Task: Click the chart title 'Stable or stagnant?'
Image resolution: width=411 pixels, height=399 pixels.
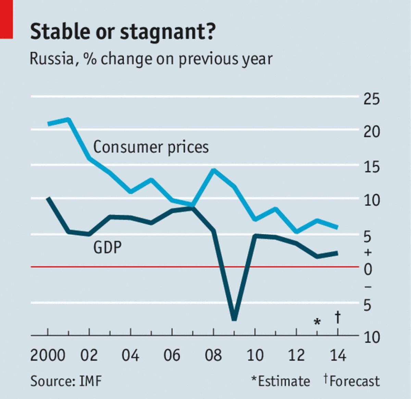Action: click(123, 32)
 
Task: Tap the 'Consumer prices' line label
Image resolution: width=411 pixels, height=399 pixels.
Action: click(151, 147)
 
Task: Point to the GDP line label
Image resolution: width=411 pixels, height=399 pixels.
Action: click(107, 247)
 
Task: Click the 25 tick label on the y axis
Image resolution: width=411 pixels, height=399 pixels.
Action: click(372, 99)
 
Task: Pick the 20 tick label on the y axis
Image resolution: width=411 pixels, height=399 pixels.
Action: click(372, 132)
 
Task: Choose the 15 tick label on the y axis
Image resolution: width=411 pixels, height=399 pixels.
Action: click(372, 167)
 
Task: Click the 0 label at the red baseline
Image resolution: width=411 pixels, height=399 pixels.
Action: click(368, 270)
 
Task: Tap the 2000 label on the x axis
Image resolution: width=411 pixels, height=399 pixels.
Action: click(48, 355)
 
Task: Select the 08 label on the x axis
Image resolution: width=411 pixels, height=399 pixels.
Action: click(213, 355)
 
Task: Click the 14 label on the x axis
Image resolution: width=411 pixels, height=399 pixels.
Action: click(338, 355)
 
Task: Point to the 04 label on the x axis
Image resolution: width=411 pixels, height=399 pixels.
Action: click(130, 355)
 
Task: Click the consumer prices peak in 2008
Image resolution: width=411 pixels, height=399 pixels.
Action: click(214, 170)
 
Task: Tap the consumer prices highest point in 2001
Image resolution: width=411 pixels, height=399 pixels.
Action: click(68, 119)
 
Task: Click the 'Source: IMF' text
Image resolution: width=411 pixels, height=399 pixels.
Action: click(66, 381)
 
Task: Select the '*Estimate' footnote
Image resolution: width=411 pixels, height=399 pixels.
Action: click(281, 381)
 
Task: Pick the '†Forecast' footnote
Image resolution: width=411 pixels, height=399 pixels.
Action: click(352, 381)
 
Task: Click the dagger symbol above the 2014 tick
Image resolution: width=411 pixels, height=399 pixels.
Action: click(338, 317)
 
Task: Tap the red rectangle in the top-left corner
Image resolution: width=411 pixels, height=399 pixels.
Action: click(6, 19)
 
